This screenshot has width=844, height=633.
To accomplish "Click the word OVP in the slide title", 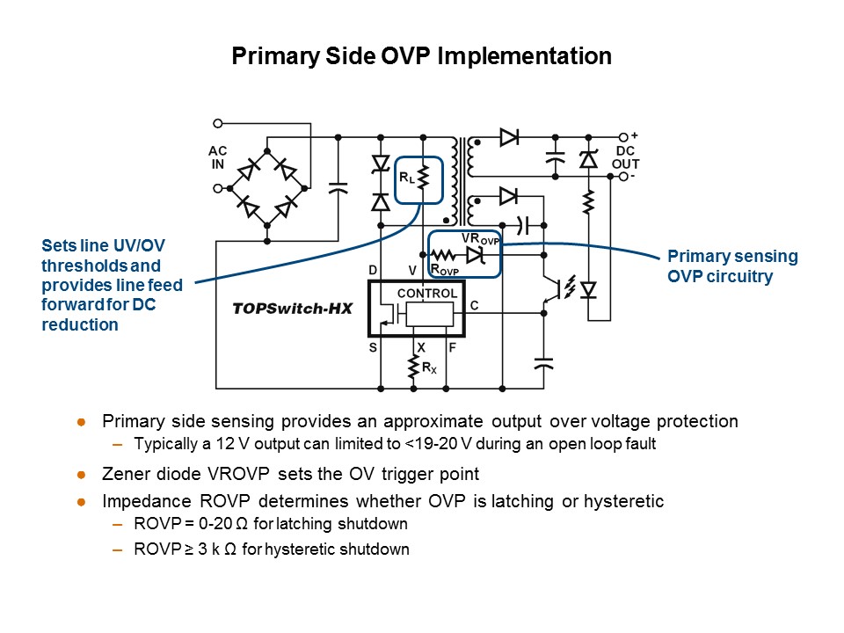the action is click(x=406, y=56).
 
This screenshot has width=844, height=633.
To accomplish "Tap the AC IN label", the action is click(x=217, y=157).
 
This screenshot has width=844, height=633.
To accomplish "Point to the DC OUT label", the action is click(x=625, y=157).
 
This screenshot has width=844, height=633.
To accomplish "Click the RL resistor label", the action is click(x=407, y=178).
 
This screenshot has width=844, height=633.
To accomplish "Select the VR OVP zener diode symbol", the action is click(x=476, y=255).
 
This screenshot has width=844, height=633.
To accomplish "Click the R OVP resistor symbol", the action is click(x=443, y=255).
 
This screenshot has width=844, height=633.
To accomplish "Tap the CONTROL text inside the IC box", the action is click(x=427, y=294).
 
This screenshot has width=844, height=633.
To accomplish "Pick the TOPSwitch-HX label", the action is click(x=292, y=309).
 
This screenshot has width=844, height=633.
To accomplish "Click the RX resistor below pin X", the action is click(x=413, y=367).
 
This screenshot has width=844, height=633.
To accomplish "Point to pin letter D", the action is click(x=373, y=270).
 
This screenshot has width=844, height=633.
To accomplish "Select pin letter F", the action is click(x=452, y=348).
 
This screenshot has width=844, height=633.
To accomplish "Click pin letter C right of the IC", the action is click(x=474, y=305).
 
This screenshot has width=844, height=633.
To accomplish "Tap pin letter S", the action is click(x=373, y=348).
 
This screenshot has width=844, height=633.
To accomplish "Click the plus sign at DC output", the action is click(x=635, y=135).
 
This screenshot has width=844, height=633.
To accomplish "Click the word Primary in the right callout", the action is click(x=698, y=257).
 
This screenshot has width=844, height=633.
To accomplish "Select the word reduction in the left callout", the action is click(x=80, y=324).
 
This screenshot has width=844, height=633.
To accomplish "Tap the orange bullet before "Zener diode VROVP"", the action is click(x=81, y=474).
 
